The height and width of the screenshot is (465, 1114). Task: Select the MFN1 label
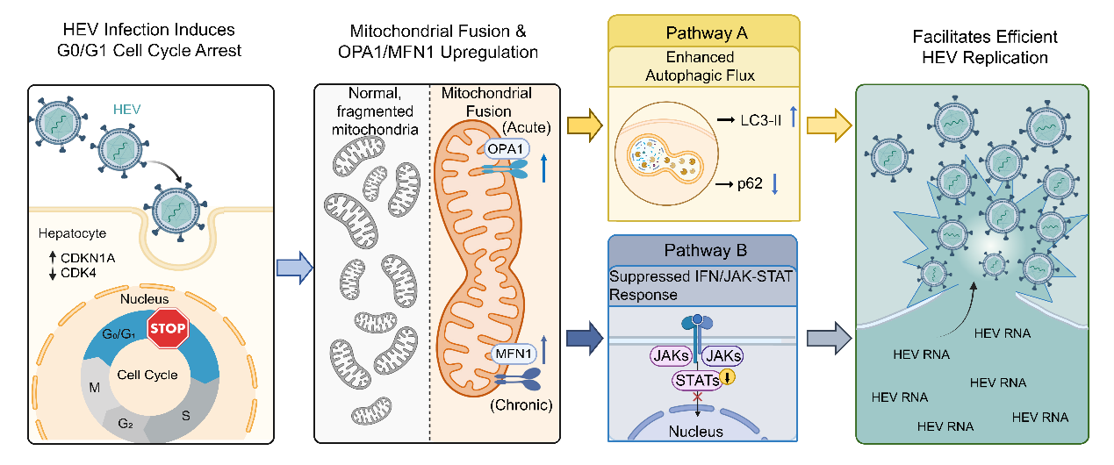point(511,354)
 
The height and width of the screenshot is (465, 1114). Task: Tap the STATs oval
point(697,380)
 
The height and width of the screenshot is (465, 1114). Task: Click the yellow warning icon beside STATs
point(727,378)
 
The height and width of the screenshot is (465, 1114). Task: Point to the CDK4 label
point(68,273)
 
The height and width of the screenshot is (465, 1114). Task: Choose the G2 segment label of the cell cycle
point(126,423)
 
